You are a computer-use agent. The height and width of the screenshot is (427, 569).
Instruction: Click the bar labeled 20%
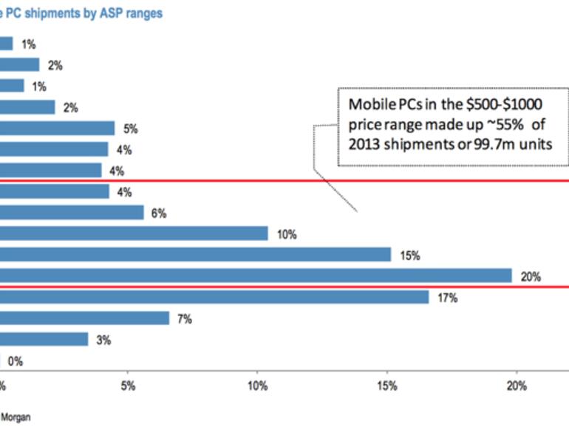[x=256, y=276]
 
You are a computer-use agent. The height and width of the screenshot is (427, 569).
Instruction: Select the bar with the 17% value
[x=214, y=297]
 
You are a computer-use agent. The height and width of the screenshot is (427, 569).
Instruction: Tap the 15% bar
[x=195, y=255]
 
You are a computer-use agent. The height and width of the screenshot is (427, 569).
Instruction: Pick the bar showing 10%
[x=134, y=233]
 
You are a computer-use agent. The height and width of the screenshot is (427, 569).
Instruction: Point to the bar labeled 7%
[x=84, y=318]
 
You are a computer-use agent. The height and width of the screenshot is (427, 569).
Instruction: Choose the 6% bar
[x=72, y=213]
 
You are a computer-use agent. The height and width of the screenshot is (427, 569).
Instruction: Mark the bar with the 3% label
[x=44, y=339]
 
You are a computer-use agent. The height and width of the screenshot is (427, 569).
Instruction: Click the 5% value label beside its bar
[x=131, y=129]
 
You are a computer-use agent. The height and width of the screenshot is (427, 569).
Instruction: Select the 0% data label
[x=16, y=361]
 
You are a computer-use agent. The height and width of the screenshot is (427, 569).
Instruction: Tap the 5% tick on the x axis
[x=128, y=386]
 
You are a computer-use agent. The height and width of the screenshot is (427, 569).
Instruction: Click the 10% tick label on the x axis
[x=257, y=386]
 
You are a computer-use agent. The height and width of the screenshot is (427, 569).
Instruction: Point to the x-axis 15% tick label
[x=386, y=386]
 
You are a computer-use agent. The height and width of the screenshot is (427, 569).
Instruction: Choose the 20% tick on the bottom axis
[x=516, y=386]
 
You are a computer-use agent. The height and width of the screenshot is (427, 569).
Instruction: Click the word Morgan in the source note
[x=16, y=417]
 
